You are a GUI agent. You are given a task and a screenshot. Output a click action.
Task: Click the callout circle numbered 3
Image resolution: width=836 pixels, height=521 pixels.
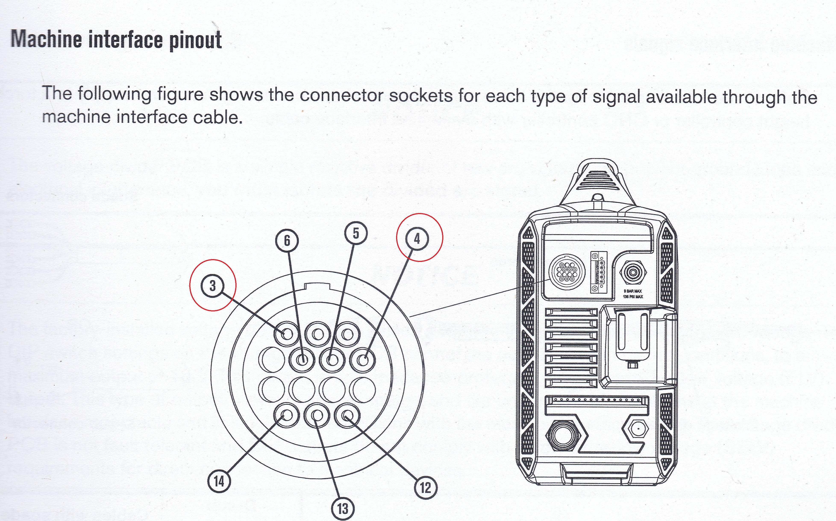tap(212, 286)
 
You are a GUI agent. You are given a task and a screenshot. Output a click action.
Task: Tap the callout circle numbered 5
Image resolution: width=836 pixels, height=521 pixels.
tap(356, 233)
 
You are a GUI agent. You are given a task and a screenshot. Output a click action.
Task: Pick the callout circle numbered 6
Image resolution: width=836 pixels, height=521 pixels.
tap(287, 241)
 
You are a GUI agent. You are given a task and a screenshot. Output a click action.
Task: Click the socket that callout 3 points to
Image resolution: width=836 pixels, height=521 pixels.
tap(287, 334)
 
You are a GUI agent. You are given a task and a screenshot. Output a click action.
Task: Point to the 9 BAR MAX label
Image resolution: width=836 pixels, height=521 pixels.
tap(633, 291)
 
